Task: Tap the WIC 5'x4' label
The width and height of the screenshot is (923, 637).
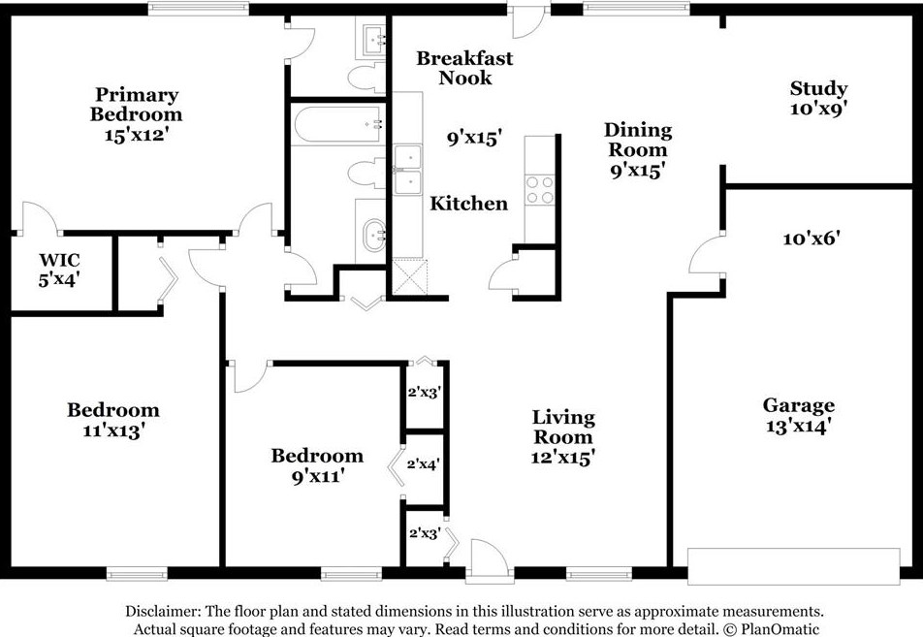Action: [x=59, y=270]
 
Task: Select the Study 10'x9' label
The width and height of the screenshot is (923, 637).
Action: [x=818, y=98]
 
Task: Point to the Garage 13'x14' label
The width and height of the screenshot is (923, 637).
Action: [x=798, y=415]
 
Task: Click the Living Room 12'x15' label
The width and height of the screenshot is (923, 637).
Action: [x=563, y=437]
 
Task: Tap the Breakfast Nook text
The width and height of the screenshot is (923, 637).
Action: [x=464, y=68]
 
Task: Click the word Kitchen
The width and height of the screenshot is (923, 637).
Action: [x=468, y=204]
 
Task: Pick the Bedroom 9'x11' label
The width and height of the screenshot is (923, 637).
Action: [x=317, y=465]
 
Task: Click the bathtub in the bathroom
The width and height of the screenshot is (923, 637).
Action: [x=339, y=124]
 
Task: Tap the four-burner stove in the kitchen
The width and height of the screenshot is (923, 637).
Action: [x=540, y=190]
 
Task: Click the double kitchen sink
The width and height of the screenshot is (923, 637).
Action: [x=408, y=170]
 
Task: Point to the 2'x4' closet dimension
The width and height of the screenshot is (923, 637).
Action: [x=424, y=464]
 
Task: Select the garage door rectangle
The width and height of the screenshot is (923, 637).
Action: [x=794, y=566]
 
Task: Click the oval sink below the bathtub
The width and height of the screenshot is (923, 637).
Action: [x=373, y=235]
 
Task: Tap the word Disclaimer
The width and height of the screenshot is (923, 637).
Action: [x=161, y=611]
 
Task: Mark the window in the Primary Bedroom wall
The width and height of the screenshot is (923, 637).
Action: [x=199, y=8]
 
